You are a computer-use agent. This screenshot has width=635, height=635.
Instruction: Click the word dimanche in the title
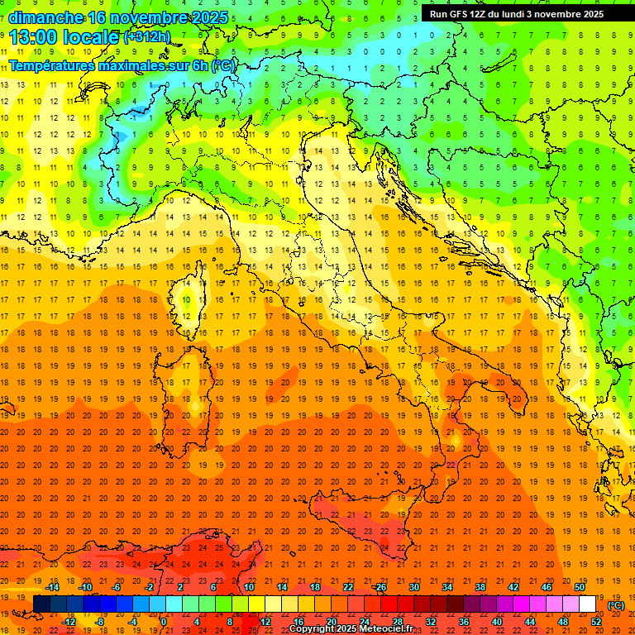click(x=45, y=17)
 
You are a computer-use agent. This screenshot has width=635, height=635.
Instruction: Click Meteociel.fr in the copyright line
click(x=386, y=629)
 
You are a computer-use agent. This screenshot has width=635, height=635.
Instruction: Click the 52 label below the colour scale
click(x=596, y=622)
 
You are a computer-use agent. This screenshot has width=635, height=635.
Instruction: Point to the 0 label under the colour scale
click(x=164, y=622)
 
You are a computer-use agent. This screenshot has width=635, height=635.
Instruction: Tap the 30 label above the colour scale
click(x=413, y=587)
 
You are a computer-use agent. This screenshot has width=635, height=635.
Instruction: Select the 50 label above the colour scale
click(x=580, y=587)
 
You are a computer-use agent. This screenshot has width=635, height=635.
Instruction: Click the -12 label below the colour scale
click(x=69, y=622)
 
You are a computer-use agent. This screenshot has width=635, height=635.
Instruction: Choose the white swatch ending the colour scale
click(x=588, y=604)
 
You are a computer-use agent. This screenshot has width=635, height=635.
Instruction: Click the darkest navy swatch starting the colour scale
click(x=41, y=604)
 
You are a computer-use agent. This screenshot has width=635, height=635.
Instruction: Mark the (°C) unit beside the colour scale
click(x=617, y=605)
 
